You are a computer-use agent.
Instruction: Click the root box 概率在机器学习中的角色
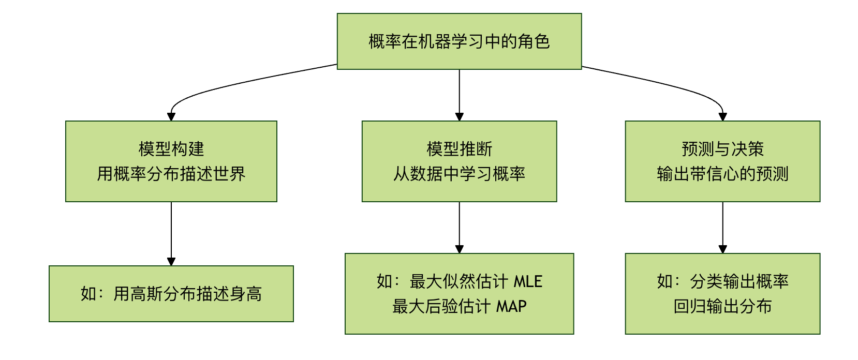pyautogui.click(x=459, y=41)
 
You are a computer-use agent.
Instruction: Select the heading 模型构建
pyautogui.click(x=171, y=149)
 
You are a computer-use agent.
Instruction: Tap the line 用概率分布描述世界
pyautogui.click(x=171, y=174)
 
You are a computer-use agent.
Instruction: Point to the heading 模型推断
pyautogui.click(x=459, y=149)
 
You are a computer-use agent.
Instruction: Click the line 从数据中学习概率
pyautogui.click(x=459, y=174)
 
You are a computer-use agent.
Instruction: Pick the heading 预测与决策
pyautogui.click(x=722, y=149)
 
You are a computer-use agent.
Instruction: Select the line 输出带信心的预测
pyautogui.click(x=722, y=174)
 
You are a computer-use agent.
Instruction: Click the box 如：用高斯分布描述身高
pyautogui.click(x=171, y=294)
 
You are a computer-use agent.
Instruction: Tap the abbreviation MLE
pyautogui.click(x=528, y=281)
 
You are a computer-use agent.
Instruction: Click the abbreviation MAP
pyautogui.click(x=511, y=306)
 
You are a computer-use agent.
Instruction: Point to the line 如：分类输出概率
pyautogui.click(x=722, y=281)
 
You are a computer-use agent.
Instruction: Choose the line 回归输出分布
pyautogui.click(x=722, y=306)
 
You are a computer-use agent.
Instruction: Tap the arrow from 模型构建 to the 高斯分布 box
pyautogui.click(x=171, y=233)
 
